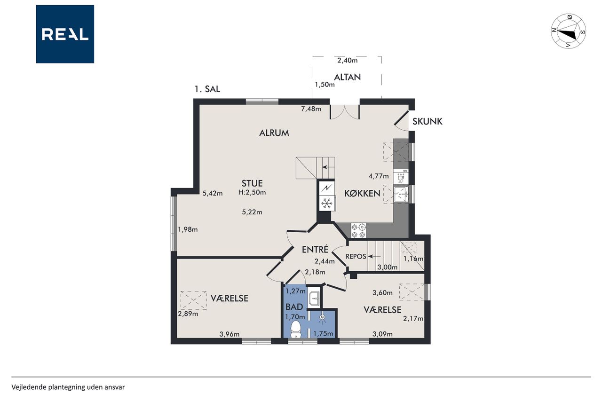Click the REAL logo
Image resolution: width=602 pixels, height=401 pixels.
(65, 34)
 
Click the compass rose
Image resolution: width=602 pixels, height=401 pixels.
(569, 31)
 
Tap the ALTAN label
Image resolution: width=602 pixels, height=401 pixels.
(347, 78)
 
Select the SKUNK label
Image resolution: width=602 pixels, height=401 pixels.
(428, 121)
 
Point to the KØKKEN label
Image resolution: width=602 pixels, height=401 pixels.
(362, 193)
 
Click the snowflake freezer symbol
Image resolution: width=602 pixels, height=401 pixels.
(326, 203)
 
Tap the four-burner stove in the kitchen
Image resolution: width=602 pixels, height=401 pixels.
(358, 230)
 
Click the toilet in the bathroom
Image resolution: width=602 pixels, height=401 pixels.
(296, 330)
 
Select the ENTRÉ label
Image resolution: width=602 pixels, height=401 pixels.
(315, 250)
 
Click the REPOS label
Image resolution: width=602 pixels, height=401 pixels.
(356, 257)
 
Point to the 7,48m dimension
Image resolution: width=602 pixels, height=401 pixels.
(311, 109)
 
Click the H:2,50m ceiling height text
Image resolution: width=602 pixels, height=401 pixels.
(252, 192)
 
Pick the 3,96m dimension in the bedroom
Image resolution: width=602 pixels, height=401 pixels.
(229, 334)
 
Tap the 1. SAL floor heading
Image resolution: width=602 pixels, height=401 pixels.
(207, 89)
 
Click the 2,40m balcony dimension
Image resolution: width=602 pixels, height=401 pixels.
(347, 61)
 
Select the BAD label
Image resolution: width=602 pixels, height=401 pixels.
(294, 307)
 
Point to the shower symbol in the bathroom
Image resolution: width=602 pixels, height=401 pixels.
(322, 318)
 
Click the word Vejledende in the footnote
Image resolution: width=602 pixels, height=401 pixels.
(29, 387)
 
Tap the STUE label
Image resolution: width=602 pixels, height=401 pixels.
(252, 183)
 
